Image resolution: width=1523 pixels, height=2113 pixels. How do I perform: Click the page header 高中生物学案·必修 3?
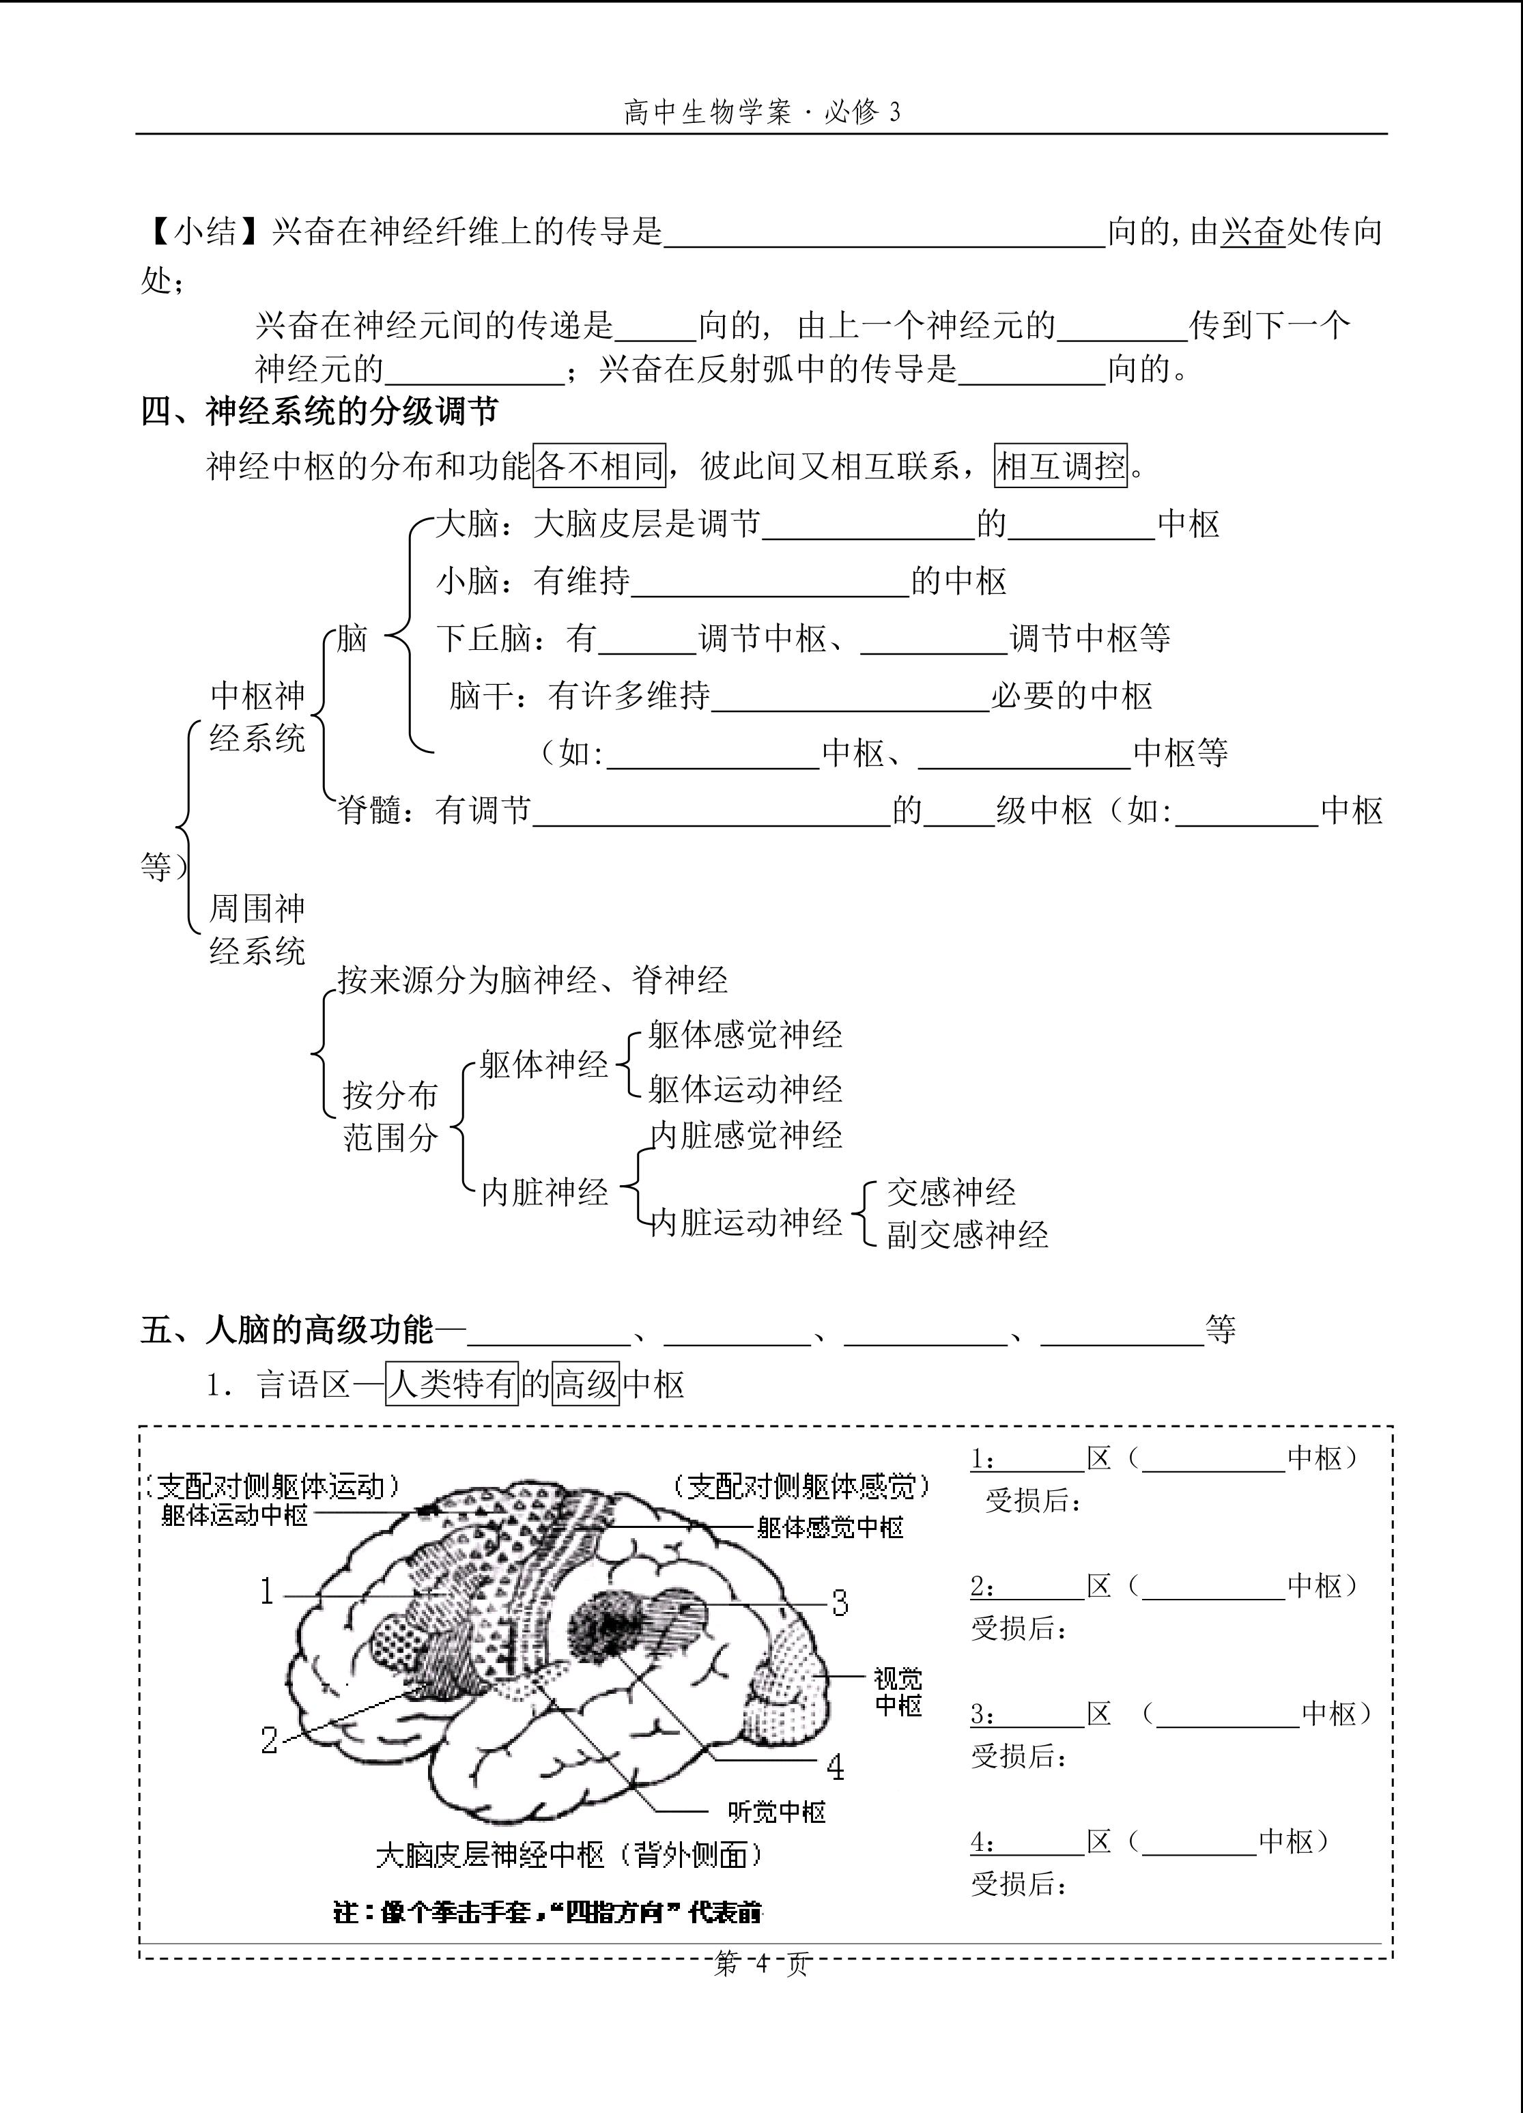click(762, 113)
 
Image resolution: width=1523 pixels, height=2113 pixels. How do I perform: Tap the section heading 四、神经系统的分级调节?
click(319, 412)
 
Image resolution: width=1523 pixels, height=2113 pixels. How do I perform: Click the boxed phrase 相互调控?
click(1061, 465)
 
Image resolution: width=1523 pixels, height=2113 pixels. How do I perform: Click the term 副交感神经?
click(967, 1236)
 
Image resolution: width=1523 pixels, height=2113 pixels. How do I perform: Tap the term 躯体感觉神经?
click(745, 1035)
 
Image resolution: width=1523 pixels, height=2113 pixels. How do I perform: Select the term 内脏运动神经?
click(746, 1222)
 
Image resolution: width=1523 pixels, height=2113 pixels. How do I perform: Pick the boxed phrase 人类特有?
click(452, 1385)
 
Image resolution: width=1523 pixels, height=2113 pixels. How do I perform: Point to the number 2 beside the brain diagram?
click(269, 1740)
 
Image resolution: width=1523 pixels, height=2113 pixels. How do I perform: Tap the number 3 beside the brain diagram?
click(840, 1602)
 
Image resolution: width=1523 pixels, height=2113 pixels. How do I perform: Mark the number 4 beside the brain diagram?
click(836, 1765)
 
